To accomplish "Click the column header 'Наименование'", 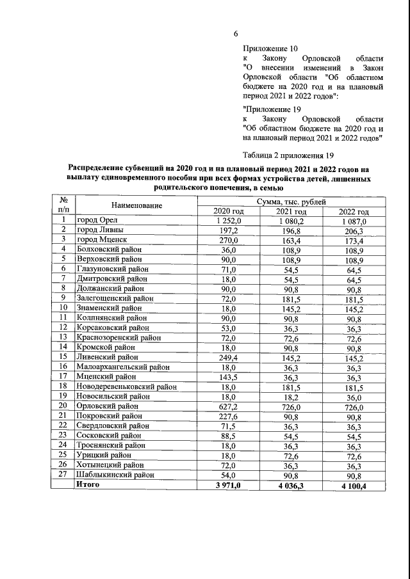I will point(136,206).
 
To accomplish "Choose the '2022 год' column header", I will point(354,211).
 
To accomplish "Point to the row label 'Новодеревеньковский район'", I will point(126,386).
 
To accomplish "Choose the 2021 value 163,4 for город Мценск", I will point(291,240).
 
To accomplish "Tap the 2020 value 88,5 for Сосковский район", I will point(229,434).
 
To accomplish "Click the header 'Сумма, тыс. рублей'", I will point(291,202).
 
